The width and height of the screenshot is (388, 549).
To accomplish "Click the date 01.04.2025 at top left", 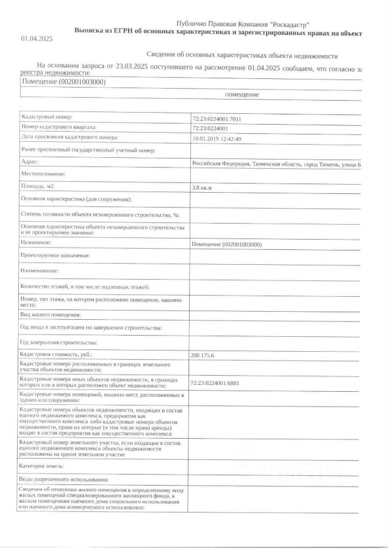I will click(x=37, y=39).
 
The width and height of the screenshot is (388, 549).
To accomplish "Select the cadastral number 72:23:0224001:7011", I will click(x=221, y=119).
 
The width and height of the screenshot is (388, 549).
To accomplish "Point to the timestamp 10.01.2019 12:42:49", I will click(x=217, y=139).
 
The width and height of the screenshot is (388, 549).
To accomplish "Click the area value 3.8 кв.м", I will click(x=206, y=187).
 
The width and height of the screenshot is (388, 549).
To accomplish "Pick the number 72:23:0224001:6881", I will click(x=221, y=382).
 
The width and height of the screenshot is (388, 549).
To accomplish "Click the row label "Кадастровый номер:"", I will click(x=46, y=117).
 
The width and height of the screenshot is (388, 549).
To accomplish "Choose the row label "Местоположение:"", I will click(x=43, y=173).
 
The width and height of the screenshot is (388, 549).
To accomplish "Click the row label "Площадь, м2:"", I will click(x=38, y=186).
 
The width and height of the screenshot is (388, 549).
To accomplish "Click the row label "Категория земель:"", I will click(x=45, y=467).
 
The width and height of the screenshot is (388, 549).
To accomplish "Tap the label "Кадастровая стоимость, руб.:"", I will click(x=55, y=355).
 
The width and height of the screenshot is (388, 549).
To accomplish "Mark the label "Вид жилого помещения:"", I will click(x=50, y=315).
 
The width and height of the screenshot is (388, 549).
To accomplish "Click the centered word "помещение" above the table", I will click(x=242, y=94).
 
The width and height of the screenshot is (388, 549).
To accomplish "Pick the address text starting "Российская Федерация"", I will click(x=277, y=164).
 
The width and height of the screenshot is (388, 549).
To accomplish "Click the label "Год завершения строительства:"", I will click(x=59, y=342).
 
